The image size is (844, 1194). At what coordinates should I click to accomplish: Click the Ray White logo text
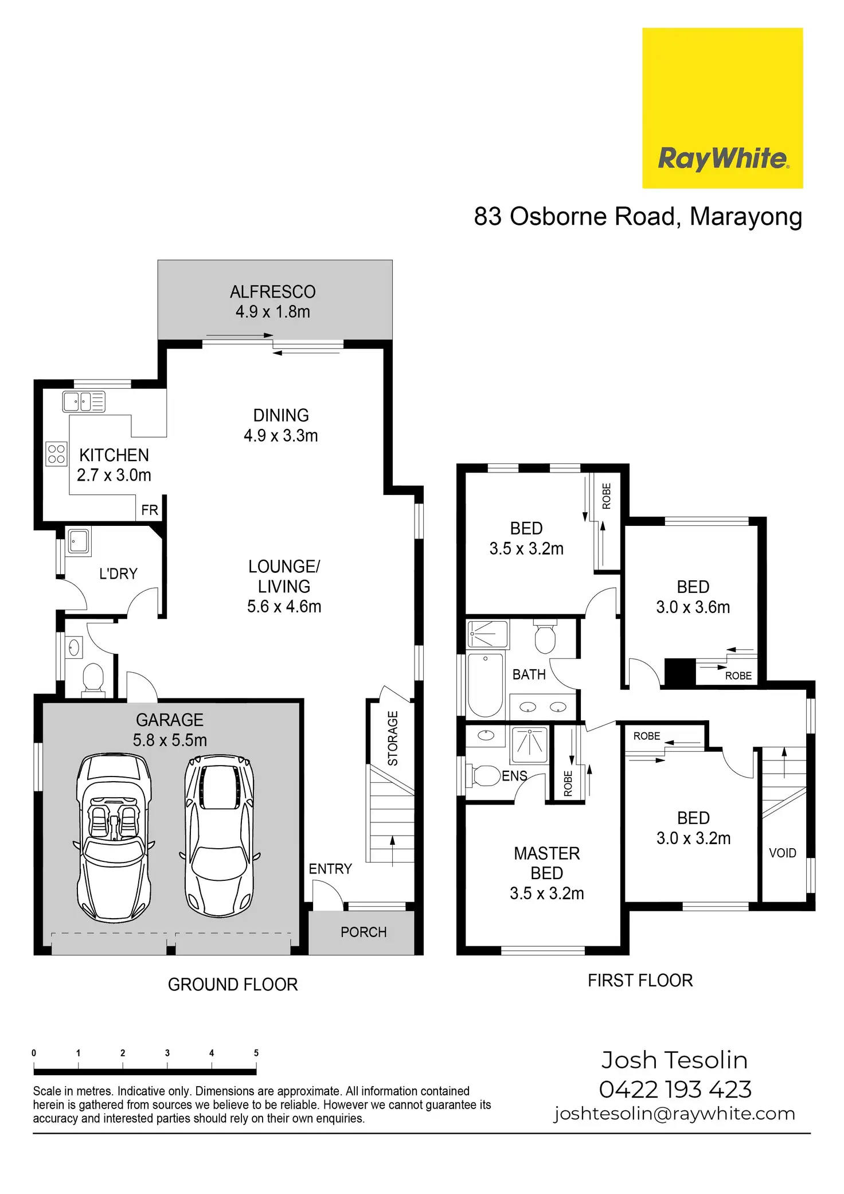pyautogui.click(x=722, y=158)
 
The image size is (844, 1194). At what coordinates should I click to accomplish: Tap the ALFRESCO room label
pyautogui.click(x=273, y=292)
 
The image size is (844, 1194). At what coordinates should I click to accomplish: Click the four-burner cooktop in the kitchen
pyautogui.click(x=56, y=454)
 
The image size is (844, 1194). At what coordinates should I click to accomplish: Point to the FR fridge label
pyautogui.click(x=150, y=510)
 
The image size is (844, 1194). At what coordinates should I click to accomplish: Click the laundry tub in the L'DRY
pyautogui.click(x=79, y=541)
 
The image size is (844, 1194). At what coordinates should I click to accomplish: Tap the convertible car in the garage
pyautogui.click(x=114, y=837)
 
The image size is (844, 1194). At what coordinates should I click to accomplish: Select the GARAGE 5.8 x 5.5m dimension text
pyautogui.click(x=170, y=740)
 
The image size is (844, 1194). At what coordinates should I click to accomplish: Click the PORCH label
pyautogui.click(x=364, y=932)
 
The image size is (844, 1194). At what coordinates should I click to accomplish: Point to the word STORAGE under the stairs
pyautogui.click(x=393, y=738)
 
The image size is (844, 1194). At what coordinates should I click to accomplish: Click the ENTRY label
pyautogui.click(x=330, y=869)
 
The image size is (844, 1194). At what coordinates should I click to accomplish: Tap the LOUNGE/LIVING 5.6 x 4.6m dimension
pyautogui.click(x=284, y=606)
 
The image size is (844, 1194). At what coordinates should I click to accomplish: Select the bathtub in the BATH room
pyautogui.click(x=485, y=685)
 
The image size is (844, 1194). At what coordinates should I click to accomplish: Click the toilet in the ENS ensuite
pyautogui.click(x=484, y=775)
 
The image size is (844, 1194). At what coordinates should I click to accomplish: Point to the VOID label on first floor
pyautogui.click(x=782, y=853)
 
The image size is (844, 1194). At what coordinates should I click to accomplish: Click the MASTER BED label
pyautogui.click(x=546, y=863)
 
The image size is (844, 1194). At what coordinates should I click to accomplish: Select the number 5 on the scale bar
pyautogui.click(x=256, y=1053)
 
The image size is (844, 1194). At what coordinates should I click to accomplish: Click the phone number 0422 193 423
pyautogui.click(x=675, y=1089)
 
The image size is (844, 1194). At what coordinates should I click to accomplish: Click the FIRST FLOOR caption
pyautogui.click(x=640, y=980)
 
